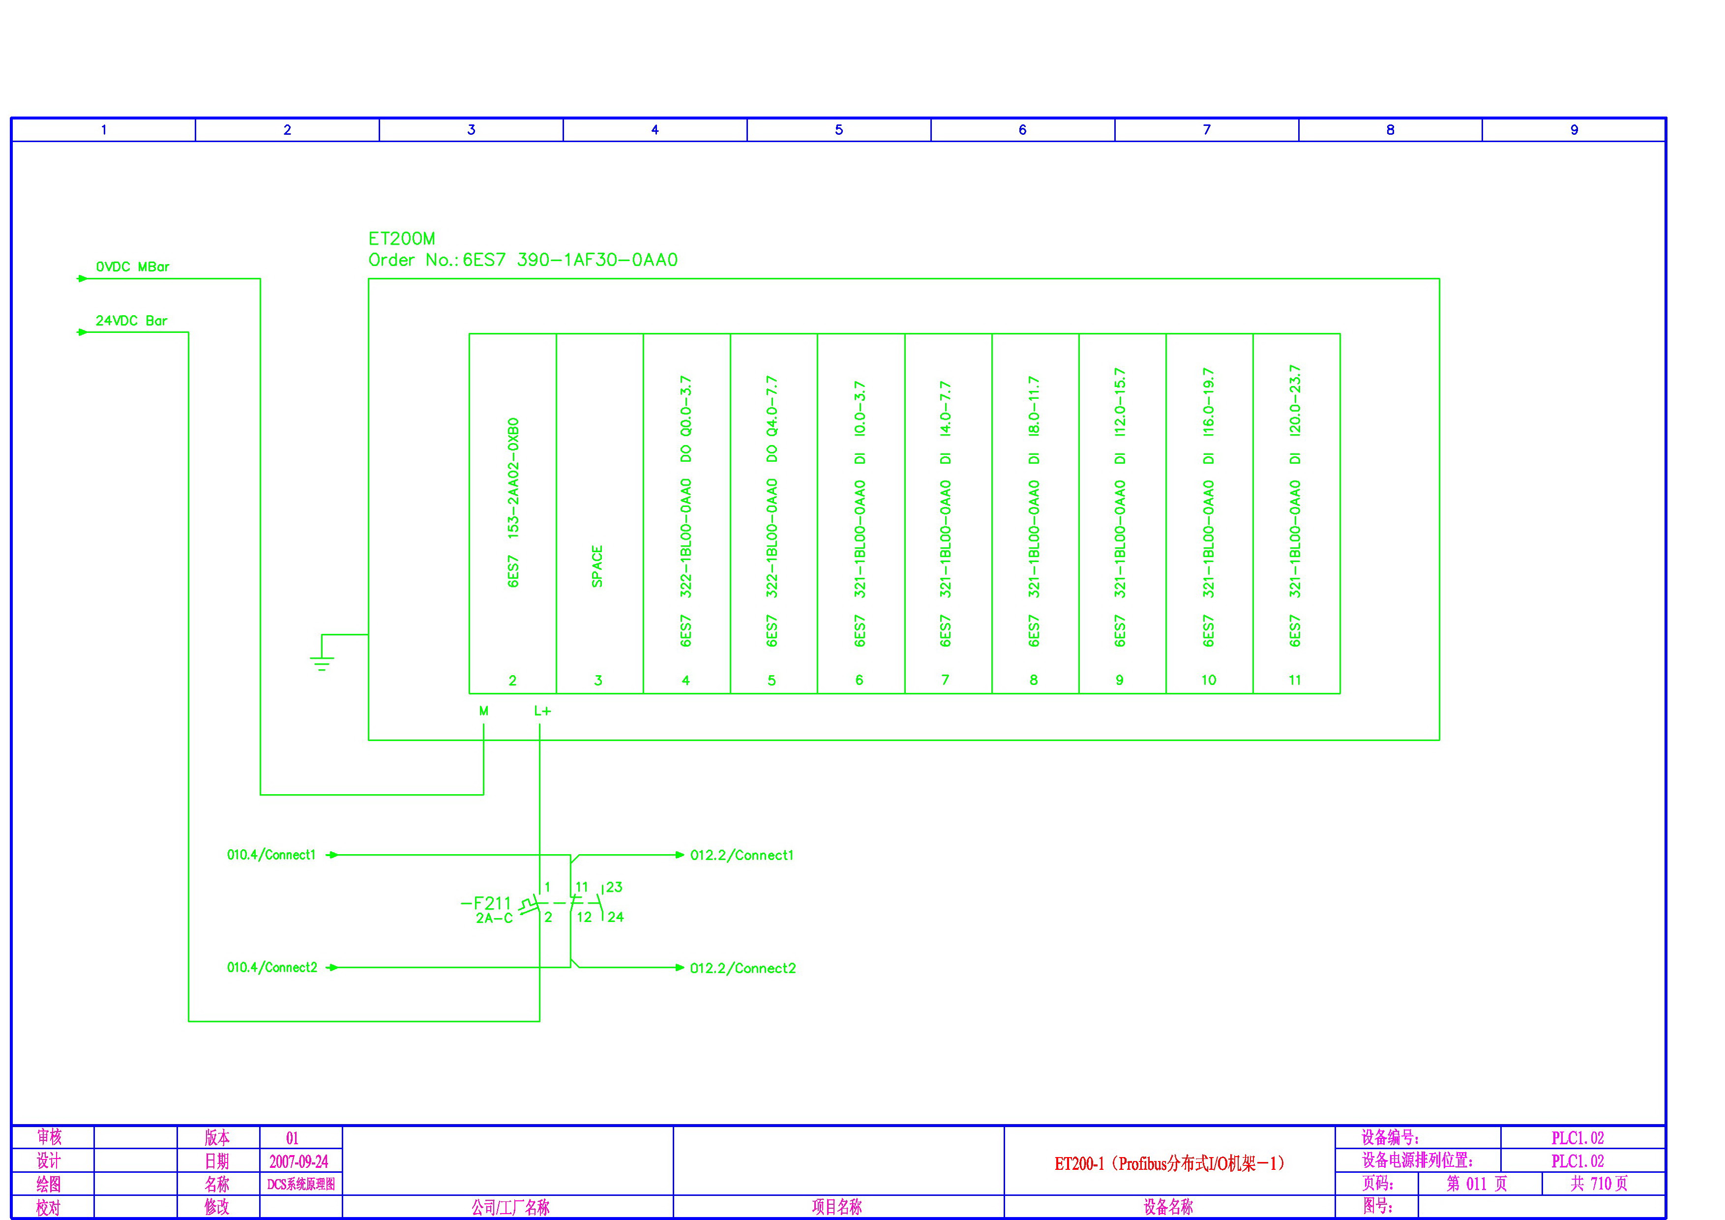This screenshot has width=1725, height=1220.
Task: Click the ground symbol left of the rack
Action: coord(322,661)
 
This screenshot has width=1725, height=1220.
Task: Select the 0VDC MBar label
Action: coord(132,267)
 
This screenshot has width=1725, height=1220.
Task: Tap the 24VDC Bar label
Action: coord(131,321)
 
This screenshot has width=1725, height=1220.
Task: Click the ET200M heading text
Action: coord(401,239)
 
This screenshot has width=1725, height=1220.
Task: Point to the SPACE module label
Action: coord(597,565)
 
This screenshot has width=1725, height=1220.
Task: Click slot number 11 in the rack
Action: coord(1295,680)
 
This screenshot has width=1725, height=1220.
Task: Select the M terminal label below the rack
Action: coord(484,711)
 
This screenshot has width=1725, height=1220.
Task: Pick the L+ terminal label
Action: coord(542,711)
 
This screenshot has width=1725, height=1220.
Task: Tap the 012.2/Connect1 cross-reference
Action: coord(742,855)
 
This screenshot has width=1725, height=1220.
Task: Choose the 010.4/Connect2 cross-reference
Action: coord(272,968)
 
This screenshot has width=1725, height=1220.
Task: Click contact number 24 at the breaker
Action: coord(615,917)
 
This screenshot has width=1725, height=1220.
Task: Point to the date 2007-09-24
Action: coord(299,1161)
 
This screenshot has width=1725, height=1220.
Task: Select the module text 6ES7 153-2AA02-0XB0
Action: coord(513,502)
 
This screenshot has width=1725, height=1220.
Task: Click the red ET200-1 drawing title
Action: coord(1169,1163)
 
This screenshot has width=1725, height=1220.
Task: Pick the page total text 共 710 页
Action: coord(1599,1184)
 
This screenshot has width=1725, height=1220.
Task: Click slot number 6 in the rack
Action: coord(859,680)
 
